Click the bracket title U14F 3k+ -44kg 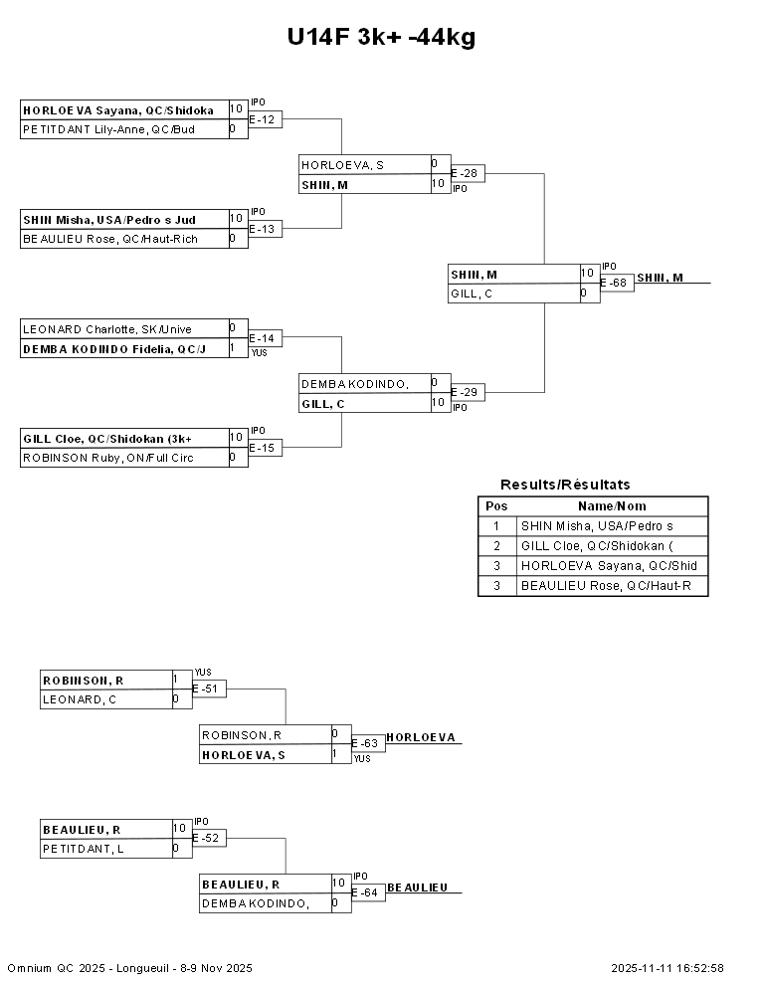pos(381,38)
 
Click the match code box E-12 pos(266,119)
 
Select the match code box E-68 pos(617,283)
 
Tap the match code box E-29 pos(468,393)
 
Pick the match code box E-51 pos(209,689)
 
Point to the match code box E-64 pos(368,892)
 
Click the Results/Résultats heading pos(565,485)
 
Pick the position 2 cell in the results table pos(496,546)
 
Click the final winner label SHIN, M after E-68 pos(660,278)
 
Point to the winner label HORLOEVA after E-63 pos(421,737)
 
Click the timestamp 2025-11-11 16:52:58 pos(667,968)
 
